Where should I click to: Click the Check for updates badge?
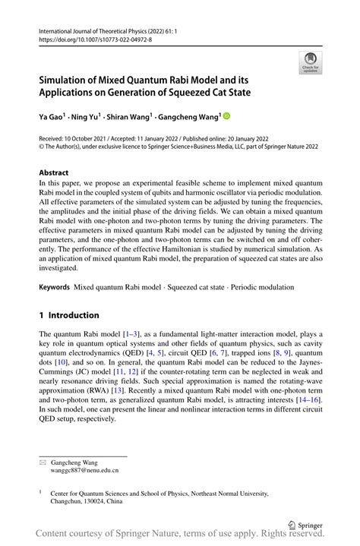click(309, 62)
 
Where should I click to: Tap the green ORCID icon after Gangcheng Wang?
click(226, 117)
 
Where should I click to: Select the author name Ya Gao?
click(54, 118)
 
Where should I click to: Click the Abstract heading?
click(54, 172)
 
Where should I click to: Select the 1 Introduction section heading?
click(69, 315)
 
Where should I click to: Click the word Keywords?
click(55, 289)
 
